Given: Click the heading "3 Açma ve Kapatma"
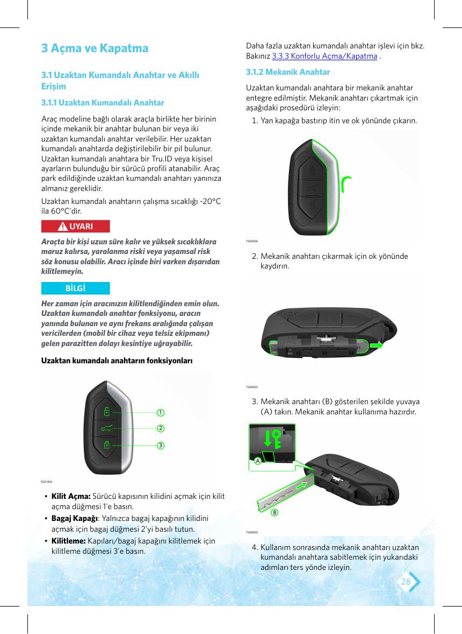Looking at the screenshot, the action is click(x=95, y=48).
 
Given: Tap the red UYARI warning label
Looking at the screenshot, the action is click(x=75, y=227).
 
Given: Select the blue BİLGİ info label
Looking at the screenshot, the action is click(x=75, y=288).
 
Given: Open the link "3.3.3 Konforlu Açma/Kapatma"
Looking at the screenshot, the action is click(x=324, y=56).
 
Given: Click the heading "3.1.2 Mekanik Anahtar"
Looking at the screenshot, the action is click(x=288, y=72).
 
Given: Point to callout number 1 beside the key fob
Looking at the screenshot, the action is click(x=161, y=412).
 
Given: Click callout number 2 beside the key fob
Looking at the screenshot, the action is click(x=161, y=428).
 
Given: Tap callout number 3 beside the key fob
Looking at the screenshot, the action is click(x=161, y=445).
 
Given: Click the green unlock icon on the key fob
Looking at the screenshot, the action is click(x=106, y=412).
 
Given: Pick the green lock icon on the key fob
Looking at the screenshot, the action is click(x=106, y=445).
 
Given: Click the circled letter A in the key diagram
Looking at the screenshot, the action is click(x=257, y=461).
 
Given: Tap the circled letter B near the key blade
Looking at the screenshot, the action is click(x=275, y=512).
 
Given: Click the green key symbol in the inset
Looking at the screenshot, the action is click(x=276, y=439).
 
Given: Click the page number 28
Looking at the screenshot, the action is click(x=406, y=581).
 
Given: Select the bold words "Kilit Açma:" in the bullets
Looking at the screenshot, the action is click(x=70, y=496).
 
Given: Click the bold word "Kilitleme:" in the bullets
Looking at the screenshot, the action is click(x=68, y=540).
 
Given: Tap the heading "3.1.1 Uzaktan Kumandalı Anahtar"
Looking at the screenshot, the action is click(x=103, y=103).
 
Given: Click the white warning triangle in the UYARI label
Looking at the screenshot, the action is click(x=62, y=227).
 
